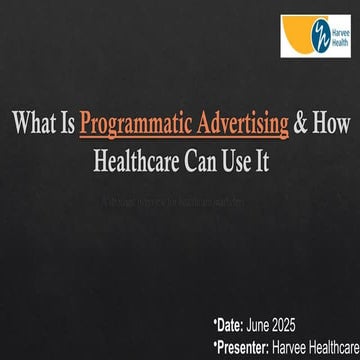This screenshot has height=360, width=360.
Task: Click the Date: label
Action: pyautogui.click(x=233, y=325)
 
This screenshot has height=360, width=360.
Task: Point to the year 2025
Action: pyautogui.click(x=308, y=325)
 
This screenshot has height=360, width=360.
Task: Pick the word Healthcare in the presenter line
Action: pyautogui.click(x=336, y=343)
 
